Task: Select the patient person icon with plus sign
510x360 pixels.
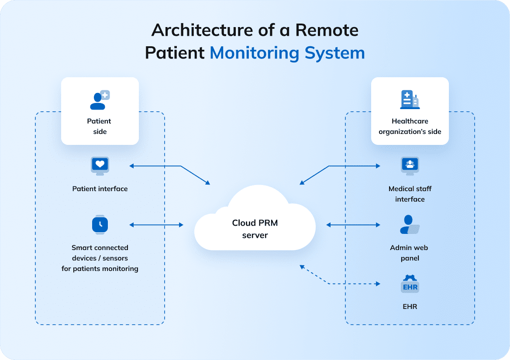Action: (100, 100)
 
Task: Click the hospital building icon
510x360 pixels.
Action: (410, 100)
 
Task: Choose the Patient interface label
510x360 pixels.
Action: (100, 189)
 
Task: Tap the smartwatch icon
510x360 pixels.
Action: (100, 225)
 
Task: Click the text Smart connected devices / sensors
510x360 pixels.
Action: (100, 253)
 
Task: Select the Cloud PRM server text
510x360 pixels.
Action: (255, 229)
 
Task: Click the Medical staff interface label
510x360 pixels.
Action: (410, 194)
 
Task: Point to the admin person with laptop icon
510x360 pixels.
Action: (409, 225)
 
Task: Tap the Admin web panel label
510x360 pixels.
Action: (409, 253)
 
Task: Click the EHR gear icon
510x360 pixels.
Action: (410, 284)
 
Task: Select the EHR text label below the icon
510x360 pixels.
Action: (410, 307)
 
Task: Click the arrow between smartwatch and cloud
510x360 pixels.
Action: (156, 225)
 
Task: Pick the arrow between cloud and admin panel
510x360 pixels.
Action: (353, 225)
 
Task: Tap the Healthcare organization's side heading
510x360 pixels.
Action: (410, 127)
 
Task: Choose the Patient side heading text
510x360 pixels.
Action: (100, 127)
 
